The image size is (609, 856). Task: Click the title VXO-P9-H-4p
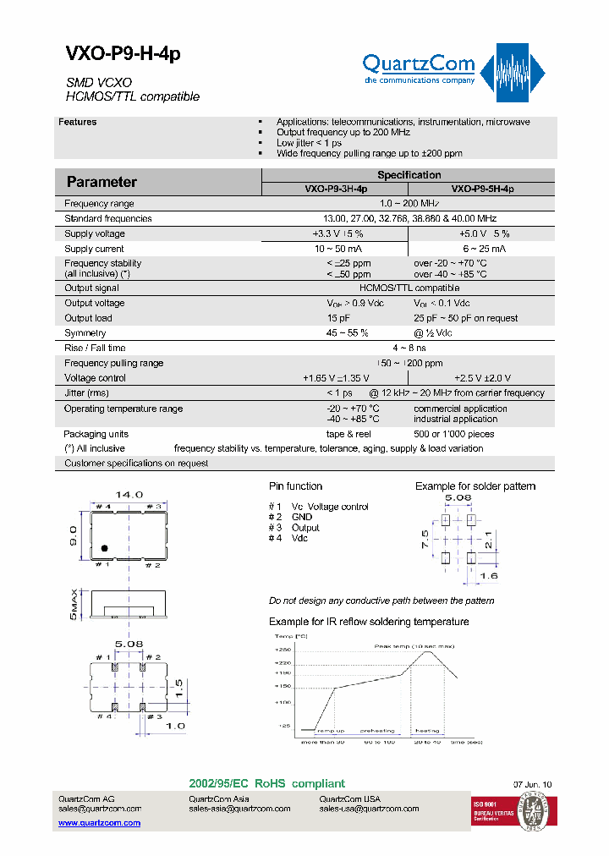pyautogui.click(x=123, y=53)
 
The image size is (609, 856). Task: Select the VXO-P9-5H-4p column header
pyautogui.click(x=482, y=189)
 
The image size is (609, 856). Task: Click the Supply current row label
pyautogui.click(x=94, y=249)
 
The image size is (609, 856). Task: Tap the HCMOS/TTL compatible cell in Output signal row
pyautogui.click(x=409, y=288)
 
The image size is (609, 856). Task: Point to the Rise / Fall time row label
pyautogui.click(x=95, y=348)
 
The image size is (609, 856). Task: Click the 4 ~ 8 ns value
pyautogui.click(x=409, y=348)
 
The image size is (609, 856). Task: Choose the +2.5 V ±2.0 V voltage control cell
pyautogui.click(x=483, y=378)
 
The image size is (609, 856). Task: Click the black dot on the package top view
pyautogui.click(x=104, y=548)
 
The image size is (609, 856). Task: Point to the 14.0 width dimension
pyautogui.click(x=129, y=494)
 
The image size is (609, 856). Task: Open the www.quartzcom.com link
pyautogui.click(x=99, y=822)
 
